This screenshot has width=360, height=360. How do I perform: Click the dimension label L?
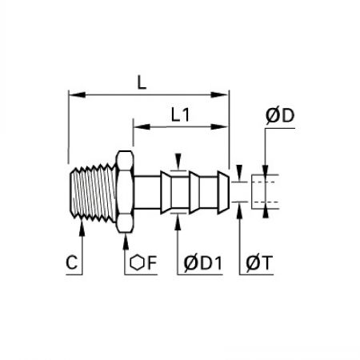[142, 82]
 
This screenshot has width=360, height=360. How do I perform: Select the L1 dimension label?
[180, 115]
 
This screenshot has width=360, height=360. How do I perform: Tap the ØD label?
[280, 116]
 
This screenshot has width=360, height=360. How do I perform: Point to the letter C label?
[72, 262]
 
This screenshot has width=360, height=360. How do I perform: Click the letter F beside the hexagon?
[152, 262]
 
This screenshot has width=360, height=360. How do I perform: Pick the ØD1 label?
[203, 263]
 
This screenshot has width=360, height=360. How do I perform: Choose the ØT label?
[259, 263]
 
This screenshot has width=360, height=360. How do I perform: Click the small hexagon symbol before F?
[137, 262]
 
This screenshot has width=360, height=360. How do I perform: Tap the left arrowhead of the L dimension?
[77, 94]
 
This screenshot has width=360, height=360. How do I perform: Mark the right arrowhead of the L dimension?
[220, 94]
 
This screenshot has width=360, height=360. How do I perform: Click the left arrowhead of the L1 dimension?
[142, 126]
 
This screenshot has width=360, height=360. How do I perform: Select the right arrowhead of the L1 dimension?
[220, 126]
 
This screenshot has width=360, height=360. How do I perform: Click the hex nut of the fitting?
[125, 192]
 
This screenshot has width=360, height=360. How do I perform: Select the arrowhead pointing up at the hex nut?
[126, 242]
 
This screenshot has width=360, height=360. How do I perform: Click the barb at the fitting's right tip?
[223, 192]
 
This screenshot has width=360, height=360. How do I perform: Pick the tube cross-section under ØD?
[265, 192]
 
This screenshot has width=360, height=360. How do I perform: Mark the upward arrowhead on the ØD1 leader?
[178, 222]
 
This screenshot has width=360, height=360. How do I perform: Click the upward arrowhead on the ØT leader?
[240, 210]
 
